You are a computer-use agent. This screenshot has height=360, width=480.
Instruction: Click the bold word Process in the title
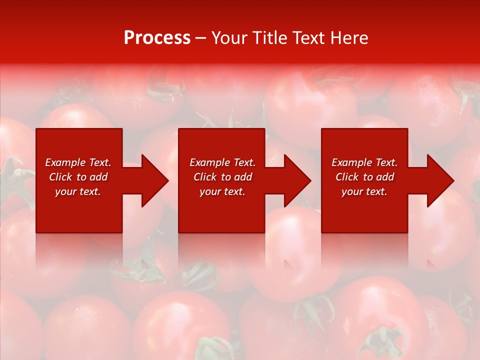(157, 38)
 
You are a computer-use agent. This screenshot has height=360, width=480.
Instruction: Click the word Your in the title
(230, 38)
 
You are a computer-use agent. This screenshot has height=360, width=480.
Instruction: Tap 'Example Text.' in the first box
(78, 162)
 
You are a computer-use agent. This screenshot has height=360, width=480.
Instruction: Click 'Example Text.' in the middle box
(222, 162)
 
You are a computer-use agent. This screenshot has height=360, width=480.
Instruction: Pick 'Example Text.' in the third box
(364, 162)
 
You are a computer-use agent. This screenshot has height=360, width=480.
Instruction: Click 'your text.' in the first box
(78, 191)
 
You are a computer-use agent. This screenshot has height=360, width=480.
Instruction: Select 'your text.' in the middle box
(222, 191)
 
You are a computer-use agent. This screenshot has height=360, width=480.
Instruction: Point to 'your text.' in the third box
(364, 191)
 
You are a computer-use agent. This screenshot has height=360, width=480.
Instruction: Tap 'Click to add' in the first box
(78, 177)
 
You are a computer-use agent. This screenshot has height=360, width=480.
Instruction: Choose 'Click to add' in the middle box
(222, 177)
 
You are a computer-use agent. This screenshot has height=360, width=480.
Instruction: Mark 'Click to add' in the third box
(364, 177)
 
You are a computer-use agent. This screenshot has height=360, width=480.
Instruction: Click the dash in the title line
(201, 38)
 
